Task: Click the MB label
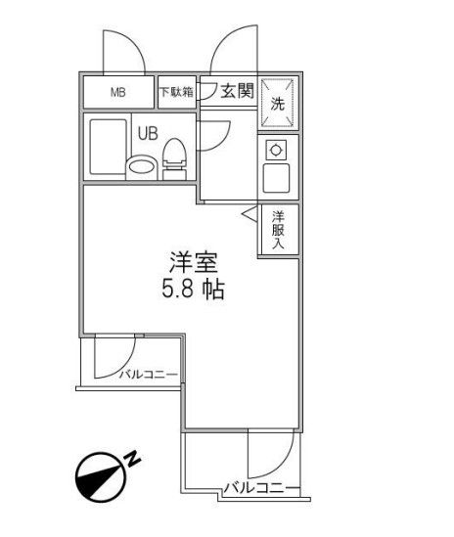coord(117,95)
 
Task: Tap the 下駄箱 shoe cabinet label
coord(176,94)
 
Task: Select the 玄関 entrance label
coord(236,93)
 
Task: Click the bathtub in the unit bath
coord(109,148)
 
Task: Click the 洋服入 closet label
coord(278,230)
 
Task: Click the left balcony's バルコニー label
coord(148,374)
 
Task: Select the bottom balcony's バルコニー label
coord(256,486)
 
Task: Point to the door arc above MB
coord(119,54)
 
